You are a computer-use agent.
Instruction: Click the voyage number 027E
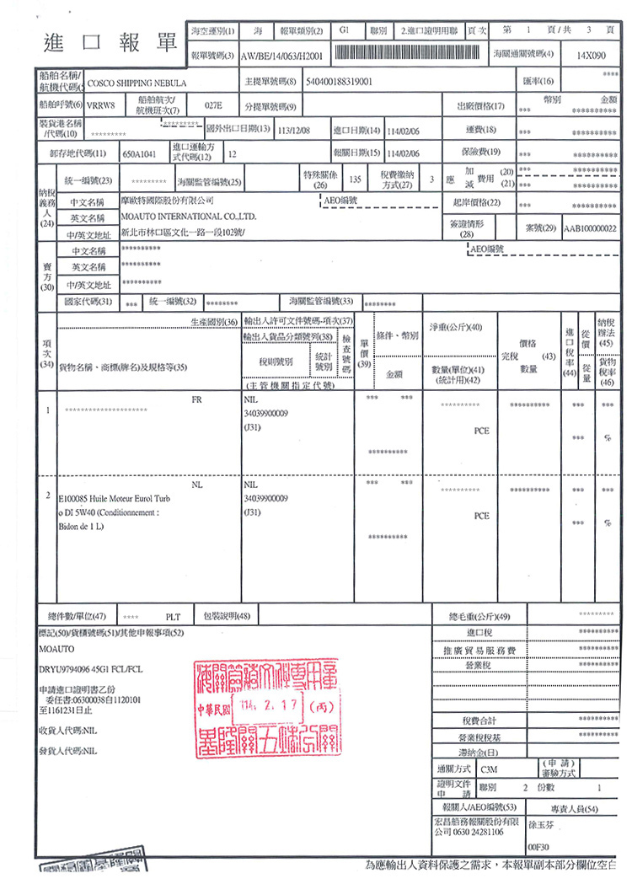[212, 107]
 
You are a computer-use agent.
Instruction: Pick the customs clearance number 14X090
[591, 54]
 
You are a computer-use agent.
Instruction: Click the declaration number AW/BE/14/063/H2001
[282, 55]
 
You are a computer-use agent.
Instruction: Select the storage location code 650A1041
[140, 154]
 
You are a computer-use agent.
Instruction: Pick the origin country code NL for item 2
[197, 486]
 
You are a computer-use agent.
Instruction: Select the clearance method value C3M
[489, 769]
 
